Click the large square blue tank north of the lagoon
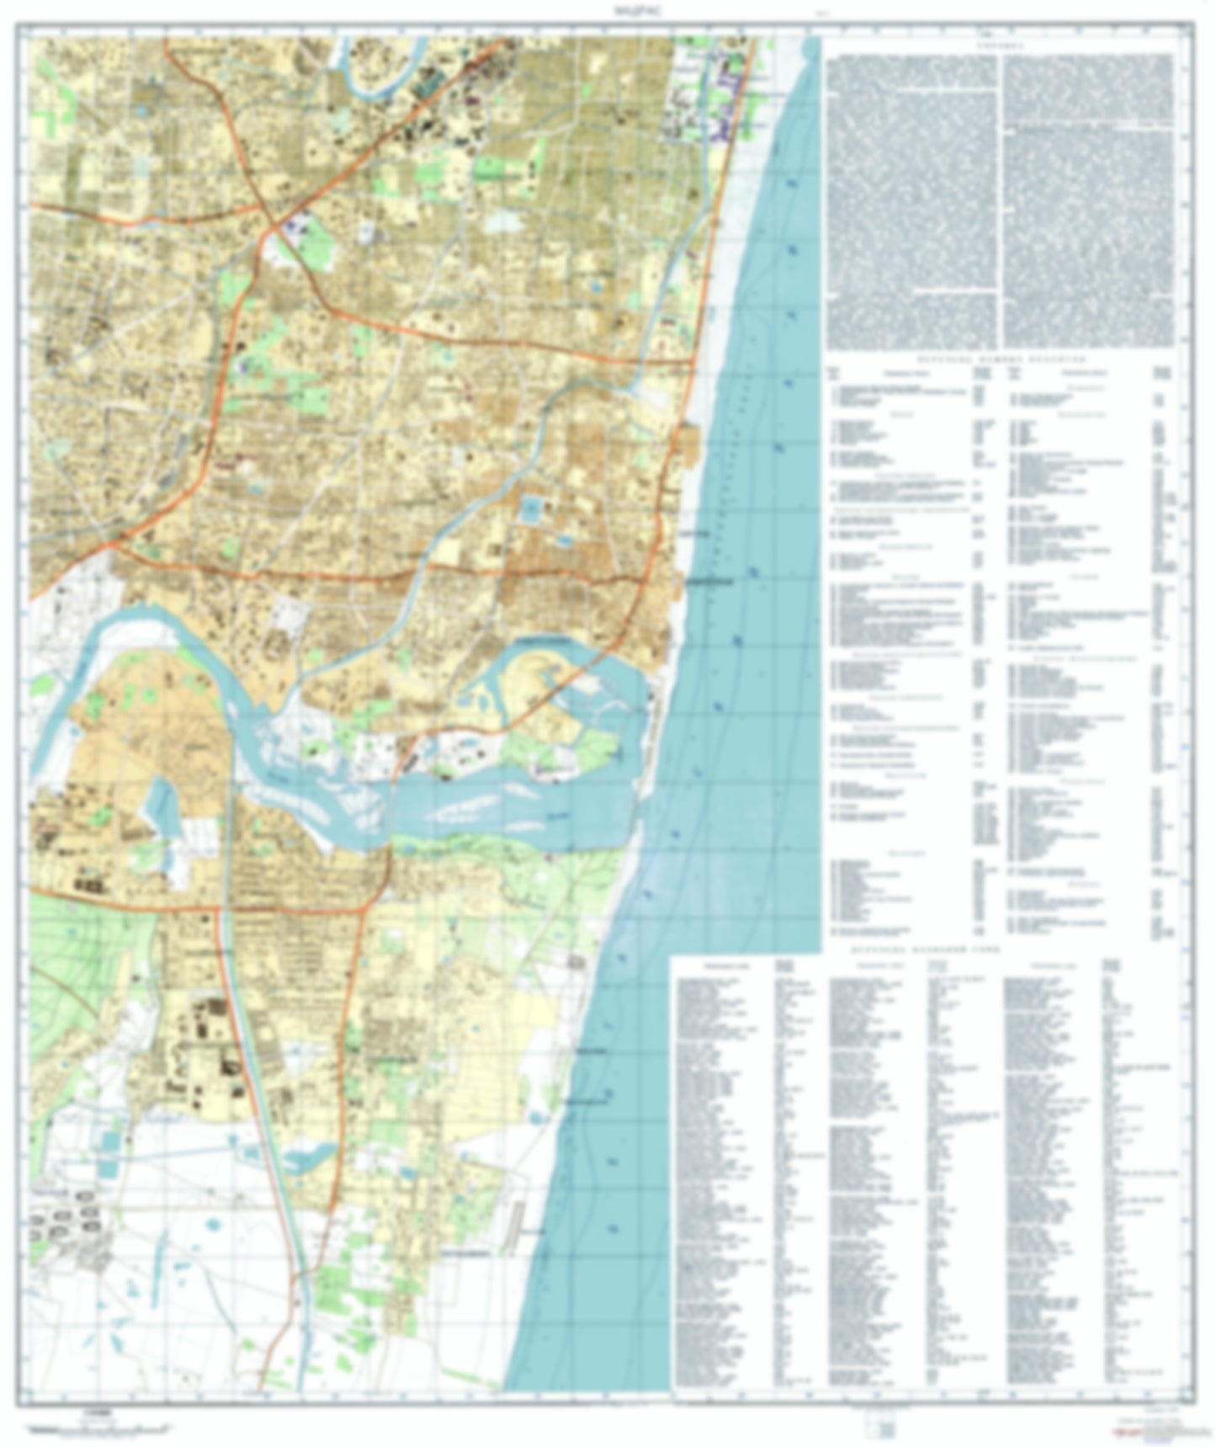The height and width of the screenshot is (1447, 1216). click(532, 508)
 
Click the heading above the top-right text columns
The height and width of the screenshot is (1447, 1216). click(1000, 48)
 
